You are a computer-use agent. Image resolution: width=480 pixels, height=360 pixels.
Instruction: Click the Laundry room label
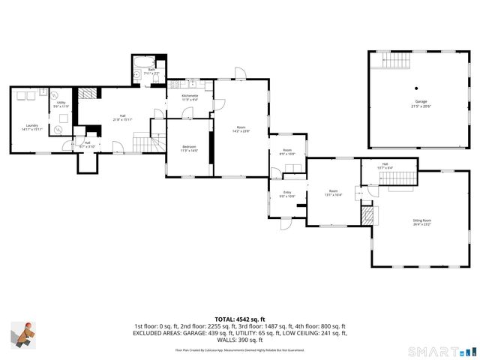coord(31,125)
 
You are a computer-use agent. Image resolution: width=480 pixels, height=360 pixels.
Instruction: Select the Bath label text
coord(151,69)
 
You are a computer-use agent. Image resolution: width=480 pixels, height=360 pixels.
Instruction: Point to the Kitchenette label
coord(190,95)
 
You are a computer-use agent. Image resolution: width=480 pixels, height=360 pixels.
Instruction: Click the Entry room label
coord(287,192)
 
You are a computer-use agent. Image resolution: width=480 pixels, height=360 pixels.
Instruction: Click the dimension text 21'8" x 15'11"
coord(122,119)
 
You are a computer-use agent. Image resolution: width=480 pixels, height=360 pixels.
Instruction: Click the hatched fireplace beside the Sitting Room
coord(367,217)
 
